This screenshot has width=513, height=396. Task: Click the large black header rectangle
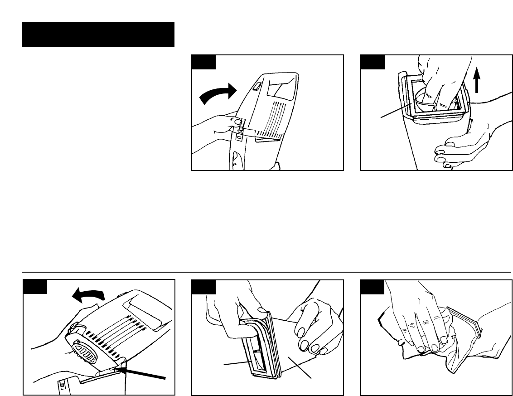click(x=98, y=34)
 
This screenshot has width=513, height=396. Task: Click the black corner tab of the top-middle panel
click(x=203, y=62)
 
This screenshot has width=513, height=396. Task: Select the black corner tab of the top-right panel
click(x=372, y=62)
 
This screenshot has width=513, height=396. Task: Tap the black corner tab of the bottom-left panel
click(x=35, y=286)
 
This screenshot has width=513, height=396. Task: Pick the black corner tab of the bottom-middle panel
click(x=203, y=286)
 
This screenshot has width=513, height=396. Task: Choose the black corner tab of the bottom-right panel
click(x=372, y=286)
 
